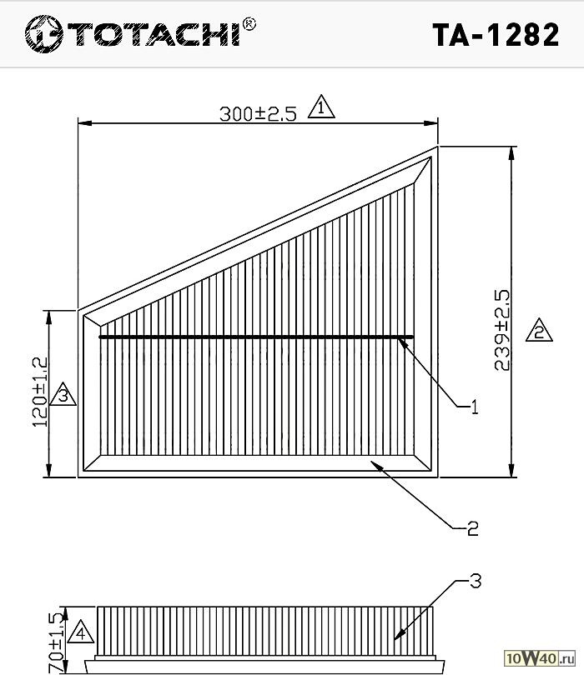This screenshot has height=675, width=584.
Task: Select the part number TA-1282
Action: [496, 35]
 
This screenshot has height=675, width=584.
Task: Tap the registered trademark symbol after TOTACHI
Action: [249, 24]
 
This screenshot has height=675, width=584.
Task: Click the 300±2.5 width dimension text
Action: [258, 114]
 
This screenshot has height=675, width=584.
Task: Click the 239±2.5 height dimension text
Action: [502, 330]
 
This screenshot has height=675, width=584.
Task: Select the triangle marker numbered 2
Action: [539, 330]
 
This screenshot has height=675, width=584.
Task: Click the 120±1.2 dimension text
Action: [40, 392]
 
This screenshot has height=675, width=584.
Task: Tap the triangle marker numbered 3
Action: [63, 394]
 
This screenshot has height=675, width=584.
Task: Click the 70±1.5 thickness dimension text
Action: [57, 642]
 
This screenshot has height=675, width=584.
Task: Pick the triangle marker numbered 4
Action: [81, 632]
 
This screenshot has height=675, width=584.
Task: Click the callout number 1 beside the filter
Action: [474, 407]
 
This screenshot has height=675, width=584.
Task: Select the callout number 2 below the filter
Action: [473, 528]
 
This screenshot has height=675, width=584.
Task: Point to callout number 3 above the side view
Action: [475, 581]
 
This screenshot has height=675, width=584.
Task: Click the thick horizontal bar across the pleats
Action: [256, 337]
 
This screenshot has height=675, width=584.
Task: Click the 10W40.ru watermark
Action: [540, 657]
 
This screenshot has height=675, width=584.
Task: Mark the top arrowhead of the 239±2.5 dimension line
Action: [511, 153]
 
